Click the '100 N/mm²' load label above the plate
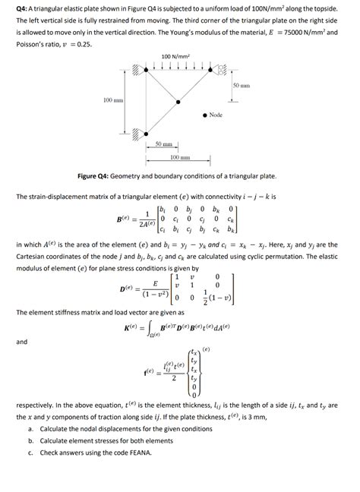point(175,57)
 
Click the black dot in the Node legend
point(205,115)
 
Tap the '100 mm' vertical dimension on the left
point(113,100)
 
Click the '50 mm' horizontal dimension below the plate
point(163,144)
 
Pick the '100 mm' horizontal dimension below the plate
point(180,157)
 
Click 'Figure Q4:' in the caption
point(96,176)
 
